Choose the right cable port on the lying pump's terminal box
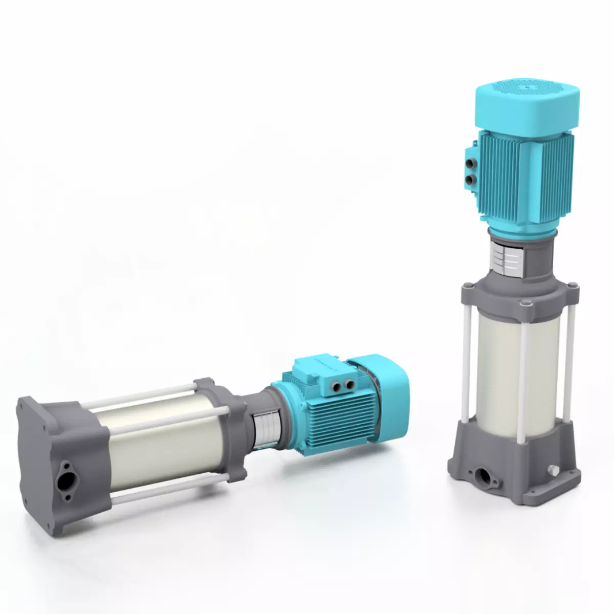click(350, 384)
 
